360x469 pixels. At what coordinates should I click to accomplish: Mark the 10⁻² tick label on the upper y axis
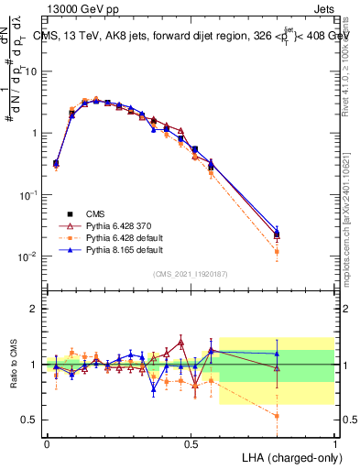point(29,256)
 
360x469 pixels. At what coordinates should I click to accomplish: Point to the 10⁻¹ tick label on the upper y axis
point(29,195)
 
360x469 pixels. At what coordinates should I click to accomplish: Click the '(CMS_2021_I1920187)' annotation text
point(191,272)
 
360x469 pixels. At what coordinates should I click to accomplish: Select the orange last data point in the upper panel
point(278,251)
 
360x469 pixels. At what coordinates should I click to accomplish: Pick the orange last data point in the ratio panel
point(278,415)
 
